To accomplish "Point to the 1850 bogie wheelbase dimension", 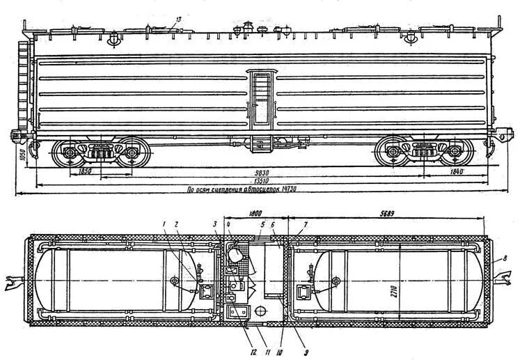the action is pos(85,169).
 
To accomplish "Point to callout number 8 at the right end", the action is pos(504,259).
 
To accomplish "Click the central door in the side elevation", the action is pos(262,98).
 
